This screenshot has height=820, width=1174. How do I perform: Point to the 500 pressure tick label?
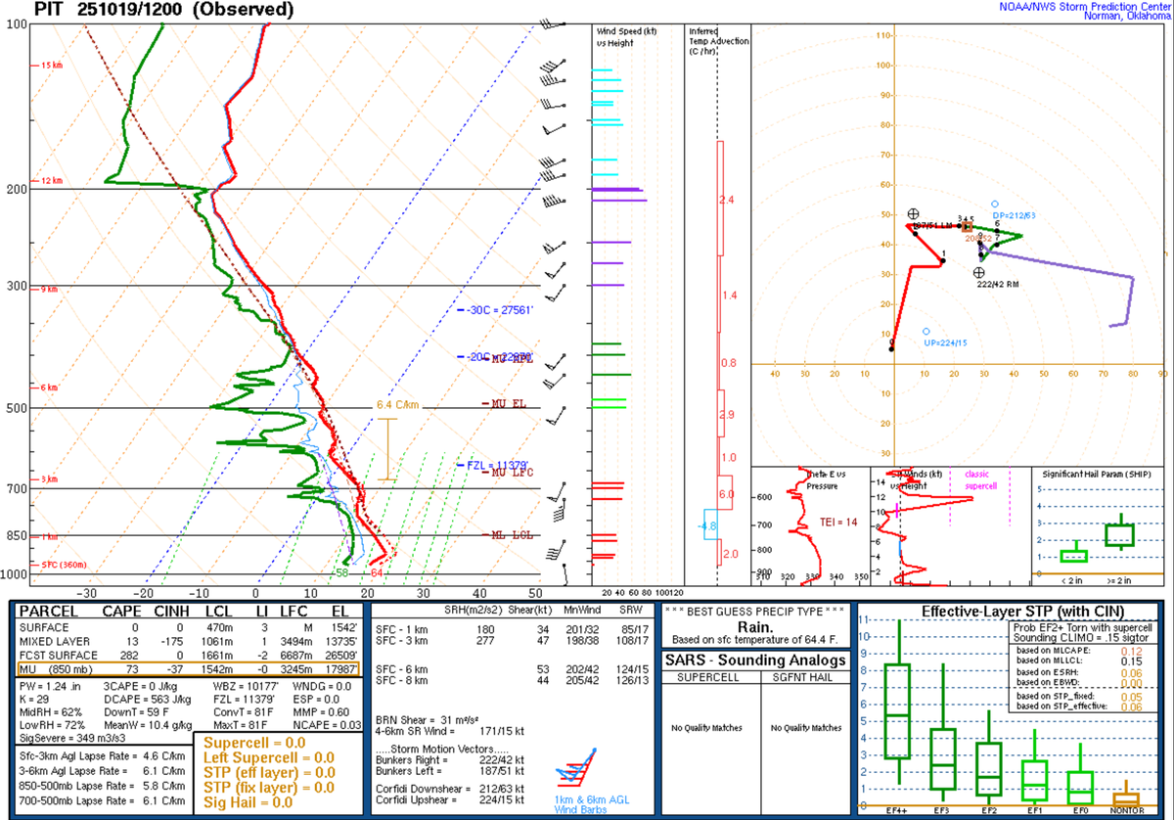15,408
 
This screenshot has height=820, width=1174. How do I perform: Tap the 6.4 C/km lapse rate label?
396,404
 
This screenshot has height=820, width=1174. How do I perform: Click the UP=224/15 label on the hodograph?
944,343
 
